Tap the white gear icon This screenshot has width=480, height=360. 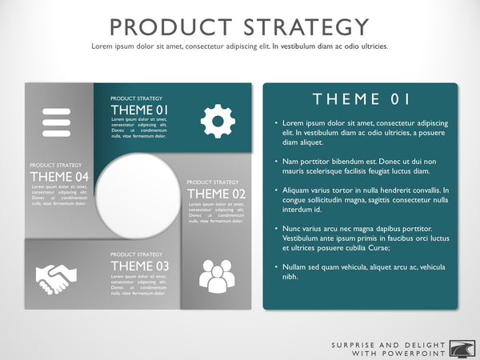tap(217, 121)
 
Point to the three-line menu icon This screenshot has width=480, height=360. tap(57, 122)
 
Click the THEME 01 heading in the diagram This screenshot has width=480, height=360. tap(140, 110)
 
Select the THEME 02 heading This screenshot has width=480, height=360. tap(217, 193)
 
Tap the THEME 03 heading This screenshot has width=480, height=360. tap(140, 266)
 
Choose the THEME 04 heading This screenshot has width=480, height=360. tap(58, 176)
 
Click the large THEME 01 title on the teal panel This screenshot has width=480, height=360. tap(362, 99)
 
